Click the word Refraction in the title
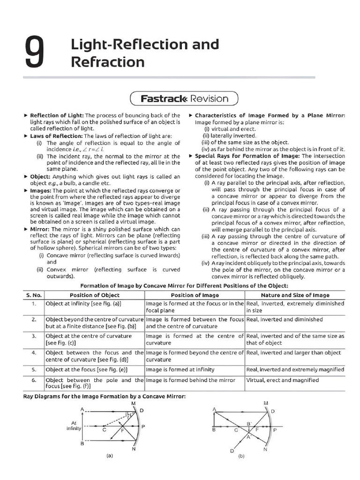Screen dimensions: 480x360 coord(108,62)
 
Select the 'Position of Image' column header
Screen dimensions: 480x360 coord(195,295)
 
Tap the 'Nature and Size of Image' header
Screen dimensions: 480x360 coord(295,295)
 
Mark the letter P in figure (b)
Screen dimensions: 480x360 coord(275,429)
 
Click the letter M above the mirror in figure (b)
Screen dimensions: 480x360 coord(266,403)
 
